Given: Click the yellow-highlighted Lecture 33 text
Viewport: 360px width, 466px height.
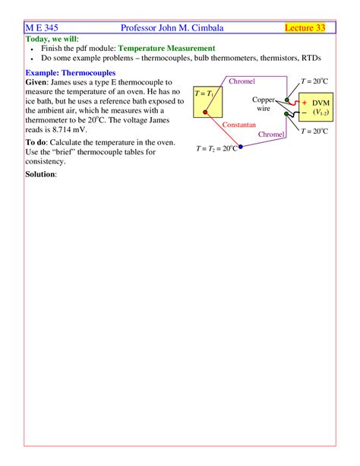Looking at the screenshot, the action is (x=305, y=28).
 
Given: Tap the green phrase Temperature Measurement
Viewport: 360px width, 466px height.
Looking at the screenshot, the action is (x=166, y=48).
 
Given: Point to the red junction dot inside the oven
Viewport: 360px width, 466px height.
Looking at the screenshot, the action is (x=206, y=113).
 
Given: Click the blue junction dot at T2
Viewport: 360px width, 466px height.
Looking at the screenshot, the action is (x=241, y=147).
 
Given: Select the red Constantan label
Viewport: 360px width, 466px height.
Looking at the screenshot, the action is (x=238, y=122).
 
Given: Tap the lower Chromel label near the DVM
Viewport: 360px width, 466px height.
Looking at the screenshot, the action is (x=271, y=134).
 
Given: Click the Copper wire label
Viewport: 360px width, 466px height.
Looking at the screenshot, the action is (x=264, y=104).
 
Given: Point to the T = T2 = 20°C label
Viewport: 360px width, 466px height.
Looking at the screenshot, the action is (x=216, y=148).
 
